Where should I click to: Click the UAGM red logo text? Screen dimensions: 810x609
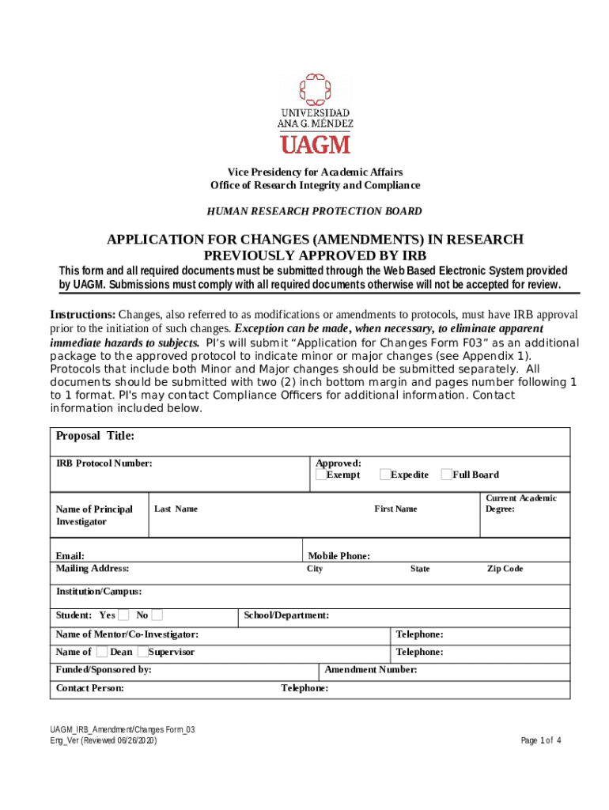tap(315, 144)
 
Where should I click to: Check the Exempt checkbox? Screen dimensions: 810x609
tap(320, 475)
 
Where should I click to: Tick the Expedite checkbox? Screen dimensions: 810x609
tap(384, 475)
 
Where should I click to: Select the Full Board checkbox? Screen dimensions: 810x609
tap(446, 475)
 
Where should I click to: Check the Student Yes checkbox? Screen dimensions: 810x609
tap(123, 615)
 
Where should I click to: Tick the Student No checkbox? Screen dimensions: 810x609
tap(157, 615)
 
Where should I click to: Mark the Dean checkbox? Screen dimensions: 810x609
tap(102, 652)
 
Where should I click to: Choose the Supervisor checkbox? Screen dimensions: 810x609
tap(142, 652)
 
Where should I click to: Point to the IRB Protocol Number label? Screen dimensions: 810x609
tap(104, 464)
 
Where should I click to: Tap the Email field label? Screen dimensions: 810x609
tap(70, 556)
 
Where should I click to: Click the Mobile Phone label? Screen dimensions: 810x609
tap(339, 556)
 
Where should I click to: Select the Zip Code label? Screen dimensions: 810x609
tap(505, 569)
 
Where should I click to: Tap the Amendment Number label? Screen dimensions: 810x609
tap(371, 670)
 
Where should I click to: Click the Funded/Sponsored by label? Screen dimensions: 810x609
tap(104, 670)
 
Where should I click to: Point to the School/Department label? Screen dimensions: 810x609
tap(286, 615)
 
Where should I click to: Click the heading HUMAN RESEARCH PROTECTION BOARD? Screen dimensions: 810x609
tap(314, 211)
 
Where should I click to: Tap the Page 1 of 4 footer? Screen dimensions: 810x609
tap(541, 740)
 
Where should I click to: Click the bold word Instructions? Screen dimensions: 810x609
tap(83, 314)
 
